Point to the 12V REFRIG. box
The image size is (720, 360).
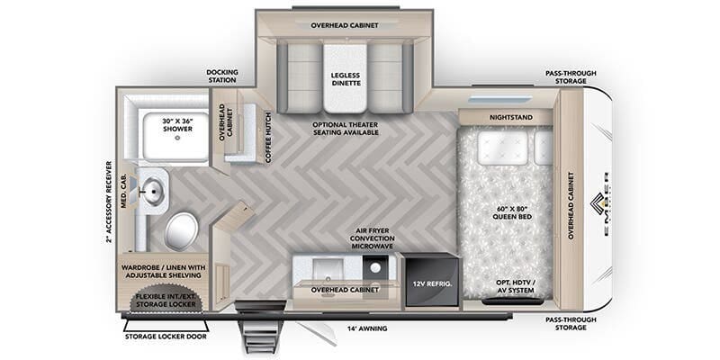430,284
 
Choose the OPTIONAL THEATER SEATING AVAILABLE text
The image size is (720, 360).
345,129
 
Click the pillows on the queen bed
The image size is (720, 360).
503,148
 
